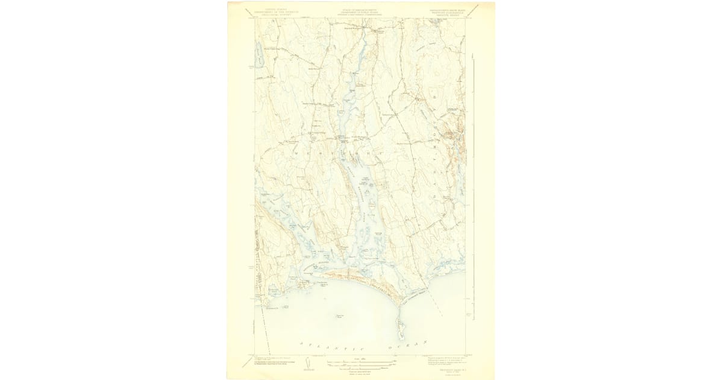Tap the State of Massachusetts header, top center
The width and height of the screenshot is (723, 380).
[361, 8]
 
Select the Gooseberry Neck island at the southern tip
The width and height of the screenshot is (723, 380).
[400, 329]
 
